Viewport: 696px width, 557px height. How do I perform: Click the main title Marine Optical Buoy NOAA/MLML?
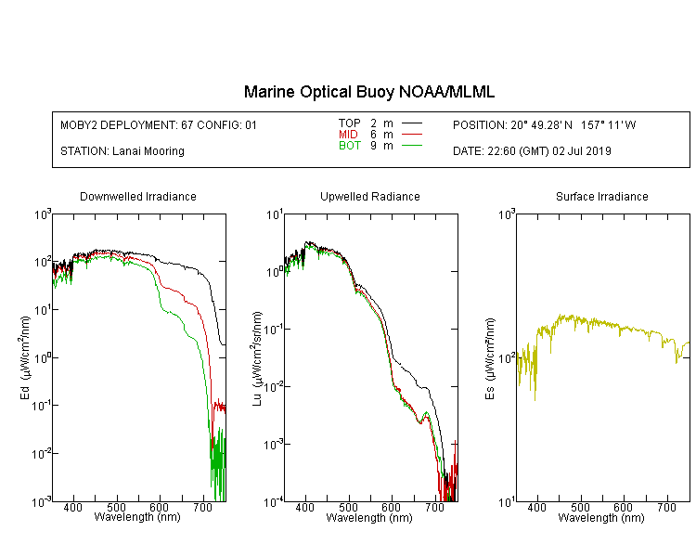point(368,92)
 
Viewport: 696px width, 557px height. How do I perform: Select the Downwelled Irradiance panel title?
point(138,196)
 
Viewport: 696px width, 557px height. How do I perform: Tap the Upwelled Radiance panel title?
point(370,196)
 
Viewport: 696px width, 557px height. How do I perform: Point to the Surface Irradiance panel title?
point(602,196)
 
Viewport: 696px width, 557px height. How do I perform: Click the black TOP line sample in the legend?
point(412,123)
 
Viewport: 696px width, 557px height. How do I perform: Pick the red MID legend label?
point(348,134)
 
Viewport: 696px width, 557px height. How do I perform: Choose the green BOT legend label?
point(349,146)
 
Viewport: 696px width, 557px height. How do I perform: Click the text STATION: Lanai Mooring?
point(122,151)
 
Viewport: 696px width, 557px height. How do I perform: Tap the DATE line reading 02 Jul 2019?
point(532,151)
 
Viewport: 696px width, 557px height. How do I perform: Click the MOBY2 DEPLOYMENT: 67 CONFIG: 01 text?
point(159,124)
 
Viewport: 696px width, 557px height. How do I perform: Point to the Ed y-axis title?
point(25,357)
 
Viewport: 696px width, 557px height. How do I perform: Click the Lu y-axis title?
point(257,358)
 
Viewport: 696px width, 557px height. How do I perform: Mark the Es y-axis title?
point(490,358)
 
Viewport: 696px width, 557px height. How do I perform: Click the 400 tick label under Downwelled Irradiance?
point(72,507)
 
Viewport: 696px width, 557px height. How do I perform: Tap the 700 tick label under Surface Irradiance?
point(666,507)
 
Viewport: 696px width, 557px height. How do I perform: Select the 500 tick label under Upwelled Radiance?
point(348,507)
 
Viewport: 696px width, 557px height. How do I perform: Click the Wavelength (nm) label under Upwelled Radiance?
point(369,518)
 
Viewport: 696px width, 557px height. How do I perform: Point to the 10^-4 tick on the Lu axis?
point(273,501)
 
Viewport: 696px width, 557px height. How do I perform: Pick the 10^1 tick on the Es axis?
point(507,501)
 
